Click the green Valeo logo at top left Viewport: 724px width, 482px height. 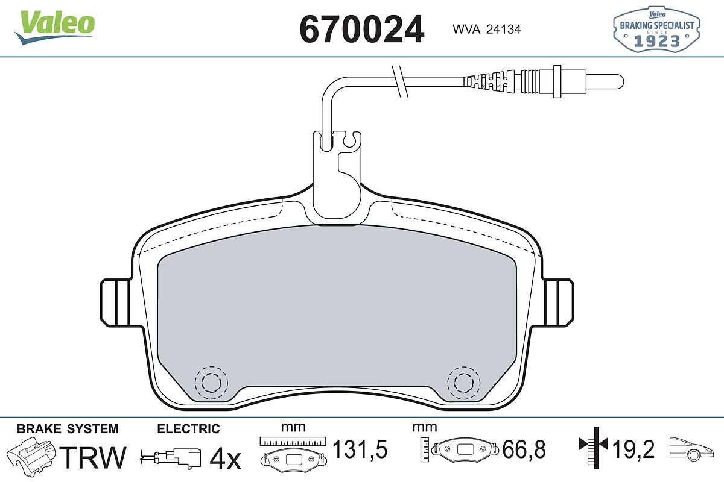[x=55, y=27]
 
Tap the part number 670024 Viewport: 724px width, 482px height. [x=361, y=29]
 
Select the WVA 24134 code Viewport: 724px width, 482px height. [x=487, y=30]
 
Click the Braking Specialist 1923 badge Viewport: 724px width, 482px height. [x=656, y=29]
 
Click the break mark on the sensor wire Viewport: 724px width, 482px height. [x=400, y=81]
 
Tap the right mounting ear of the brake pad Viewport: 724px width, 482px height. [x=559, y=302]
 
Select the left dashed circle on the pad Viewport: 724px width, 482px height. [x=211, y=383]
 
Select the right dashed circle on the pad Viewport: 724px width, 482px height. [x=464, y=383]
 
